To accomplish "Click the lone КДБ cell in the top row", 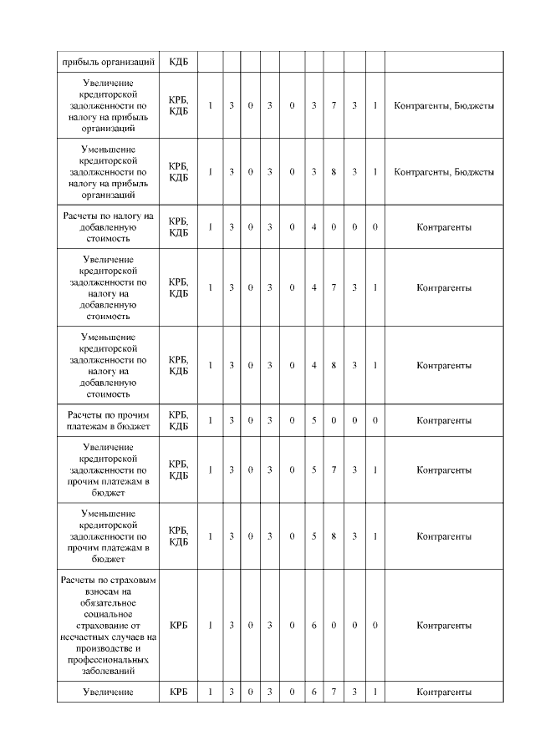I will tap(178, 61).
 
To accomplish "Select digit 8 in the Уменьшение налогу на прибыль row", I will tap(334, 172).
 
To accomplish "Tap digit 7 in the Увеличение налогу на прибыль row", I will tap(334, 106).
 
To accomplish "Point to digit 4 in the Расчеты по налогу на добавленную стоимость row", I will tap(313, 227).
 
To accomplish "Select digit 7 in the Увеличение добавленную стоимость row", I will tap(334, 288).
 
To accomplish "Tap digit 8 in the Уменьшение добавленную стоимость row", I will tap(334, 366).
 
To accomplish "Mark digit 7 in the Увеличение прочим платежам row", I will tap(334, 470).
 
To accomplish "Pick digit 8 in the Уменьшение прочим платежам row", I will tap(334, 536).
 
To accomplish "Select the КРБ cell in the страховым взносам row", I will tap(178, 625).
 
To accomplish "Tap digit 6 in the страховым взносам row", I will tap(313, 625).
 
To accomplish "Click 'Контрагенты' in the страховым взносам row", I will tap(444, 625).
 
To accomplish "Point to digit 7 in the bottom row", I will tap(334, 692).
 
